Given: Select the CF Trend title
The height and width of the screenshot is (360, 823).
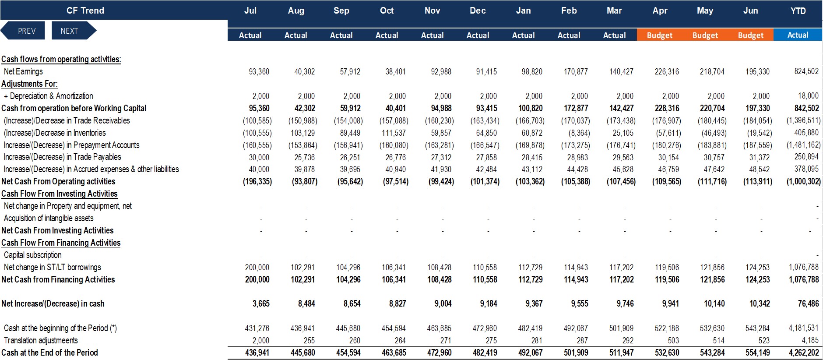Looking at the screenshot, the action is tap(85, 11).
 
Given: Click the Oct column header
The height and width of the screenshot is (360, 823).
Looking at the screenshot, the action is tap(387, 11).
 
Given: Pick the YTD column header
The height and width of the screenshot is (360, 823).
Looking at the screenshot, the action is tap(798, 11).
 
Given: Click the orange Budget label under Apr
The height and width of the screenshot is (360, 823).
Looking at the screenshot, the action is tap(660, 35).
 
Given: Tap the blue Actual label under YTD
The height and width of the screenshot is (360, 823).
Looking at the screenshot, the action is tap(798, 35).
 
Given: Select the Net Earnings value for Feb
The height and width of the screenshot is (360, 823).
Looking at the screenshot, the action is tap(576, 71).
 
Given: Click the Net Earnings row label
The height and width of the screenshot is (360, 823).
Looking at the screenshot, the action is tap(23, 71).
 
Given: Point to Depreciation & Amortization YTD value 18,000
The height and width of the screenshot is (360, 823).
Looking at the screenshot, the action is tap(808, 95).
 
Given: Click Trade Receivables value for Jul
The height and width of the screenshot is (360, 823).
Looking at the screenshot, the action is tap(257, 120).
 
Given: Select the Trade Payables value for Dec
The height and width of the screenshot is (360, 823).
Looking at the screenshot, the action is tap(486, 157).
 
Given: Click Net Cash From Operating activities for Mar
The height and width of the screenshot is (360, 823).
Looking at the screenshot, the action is tap(621, 181).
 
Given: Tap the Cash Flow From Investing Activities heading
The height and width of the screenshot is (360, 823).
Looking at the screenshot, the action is tap(60, 194).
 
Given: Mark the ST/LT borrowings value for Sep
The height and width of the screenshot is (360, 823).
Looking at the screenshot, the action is tap(348, 267).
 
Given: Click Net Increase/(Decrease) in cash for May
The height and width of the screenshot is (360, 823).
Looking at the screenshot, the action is tap(714, 304).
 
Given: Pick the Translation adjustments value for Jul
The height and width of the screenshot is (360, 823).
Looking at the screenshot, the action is tap(260, 340).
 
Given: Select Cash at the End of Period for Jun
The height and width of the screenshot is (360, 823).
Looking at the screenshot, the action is tap(757, 353).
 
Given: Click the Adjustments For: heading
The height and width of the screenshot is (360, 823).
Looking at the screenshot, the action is tap(29, 84).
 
